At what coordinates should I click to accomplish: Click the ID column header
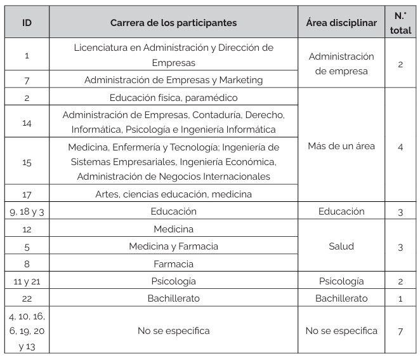click(x=27, y=23)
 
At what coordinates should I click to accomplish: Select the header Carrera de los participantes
click(x=173, y=23)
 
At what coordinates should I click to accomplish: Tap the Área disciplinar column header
click(x=341, y=23)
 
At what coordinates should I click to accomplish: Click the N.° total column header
click(x=400, y=23)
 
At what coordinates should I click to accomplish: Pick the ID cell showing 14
click(x=27, y=123)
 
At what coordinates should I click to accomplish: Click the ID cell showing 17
click(x=27, y=194)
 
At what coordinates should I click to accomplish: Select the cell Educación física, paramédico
click(x=173, y=98)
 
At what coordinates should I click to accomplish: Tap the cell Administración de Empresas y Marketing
click(x=173, y=80)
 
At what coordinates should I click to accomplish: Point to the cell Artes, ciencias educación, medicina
click(x=173, y=194)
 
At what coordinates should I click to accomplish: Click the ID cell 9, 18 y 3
click(x=27, y=211)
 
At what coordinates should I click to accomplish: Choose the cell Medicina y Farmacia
click(x=173, y=246)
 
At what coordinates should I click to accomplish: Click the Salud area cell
click(x=341, y=246)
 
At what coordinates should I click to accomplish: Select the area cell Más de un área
click(x=341, y=146)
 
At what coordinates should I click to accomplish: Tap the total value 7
click(x=400, y=331)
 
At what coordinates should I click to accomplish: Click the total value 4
click(x=400, y=146)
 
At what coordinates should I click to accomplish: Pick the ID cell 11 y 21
click(x=27, y=281)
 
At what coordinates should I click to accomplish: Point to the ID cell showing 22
click(x=27, y=298)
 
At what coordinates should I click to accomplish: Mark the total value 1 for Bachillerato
click(x=400, y=298)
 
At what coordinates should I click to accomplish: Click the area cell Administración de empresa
click(x=341, y=63)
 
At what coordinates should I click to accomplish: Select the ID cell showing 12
click(x=27, y=229)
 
